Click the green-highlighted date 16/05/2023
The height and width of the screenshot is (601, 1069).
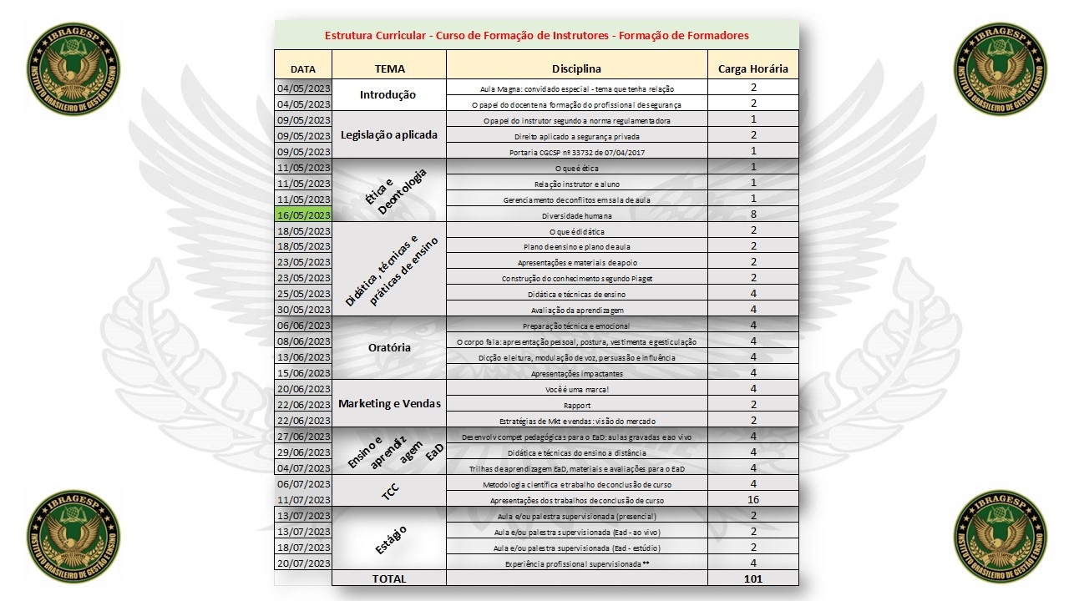(303, 215)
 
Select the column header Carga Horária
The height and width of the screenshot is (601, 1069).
(752, 68)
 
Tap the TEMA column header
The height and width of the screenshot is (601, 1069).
(389, 68)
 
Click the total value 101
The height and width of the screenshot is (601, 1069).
(752, 578)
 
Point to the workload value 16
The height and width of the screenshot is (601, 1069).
(752, 499)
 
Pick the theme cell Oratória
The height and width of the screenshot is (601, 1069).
(389, 348)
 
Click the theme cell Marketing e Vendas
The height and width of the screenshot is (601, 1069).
(389, 404)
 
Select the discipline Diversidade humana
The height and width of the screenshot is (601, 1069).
(576, 215)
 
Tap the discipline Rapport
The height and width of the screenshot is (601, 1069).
(576, 405)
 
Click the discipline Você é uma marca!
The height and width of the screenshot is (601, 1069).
(576, 389)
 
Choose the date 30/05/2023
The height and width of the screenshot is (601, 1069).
(303, 310)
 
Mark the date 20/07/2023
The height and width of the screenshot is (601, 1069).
(303, 563)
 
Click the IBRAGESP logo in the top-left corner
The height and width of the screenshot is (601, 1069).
(73, 68)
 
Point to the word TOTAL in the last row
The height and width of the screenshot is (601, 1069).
(389, 578)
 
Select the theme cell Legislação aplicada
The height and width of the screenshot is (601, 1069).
(389, 135)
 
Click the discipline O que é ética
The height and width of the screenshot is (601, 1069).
(576, 169)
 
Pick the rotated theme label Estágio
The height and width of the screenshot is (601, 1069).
(389, 539)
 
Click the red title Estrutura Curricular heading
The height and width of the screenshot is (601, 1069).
(536, 36)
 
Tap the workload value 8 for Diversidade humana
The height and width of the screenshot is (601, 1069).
(752, 215)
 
